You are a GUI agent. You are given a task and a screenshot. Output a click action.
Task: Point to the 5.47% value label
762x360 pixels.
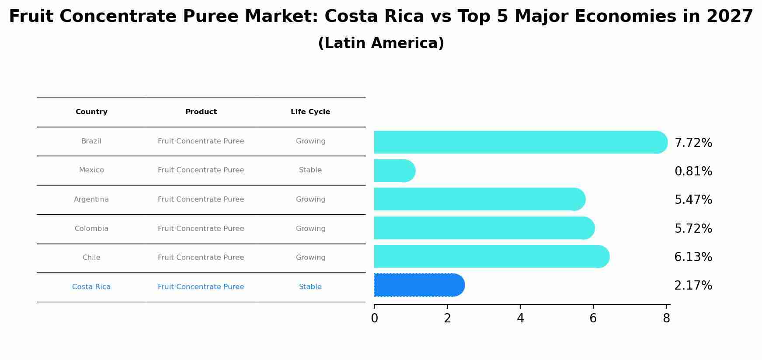[x=693, y=200]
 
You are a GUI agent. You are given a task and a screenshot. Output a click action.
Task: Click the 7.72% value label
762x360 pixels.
[x=693, y=143]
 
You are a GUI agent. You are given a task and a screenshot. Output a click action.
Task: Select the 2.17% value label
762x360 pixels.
[x=693, y=286]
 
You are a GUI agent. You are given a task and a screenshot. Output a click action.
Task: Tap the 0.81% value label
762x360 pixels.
[x=693, y=171]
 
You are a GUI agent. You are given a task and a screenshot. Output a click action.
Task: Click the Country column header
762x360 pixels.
[x=91, y=112]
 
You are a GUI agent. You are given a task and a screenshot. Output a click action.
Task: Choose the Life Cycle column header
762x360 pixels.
[x=310, y=112]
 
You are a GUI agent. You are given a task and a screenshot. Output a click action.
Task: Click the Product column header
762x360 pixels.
[x=201, y=112]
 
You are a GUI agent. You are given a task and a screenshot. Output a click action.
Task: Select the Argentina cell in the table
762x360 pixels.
[x=91, y=199]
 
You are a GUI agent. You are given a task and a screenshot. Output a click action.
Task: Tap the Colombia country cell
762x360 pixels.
[x=91, y=229]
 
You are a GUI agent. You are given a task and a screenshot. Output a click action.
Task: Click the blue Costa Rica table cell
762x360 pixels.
[x=91, y=287]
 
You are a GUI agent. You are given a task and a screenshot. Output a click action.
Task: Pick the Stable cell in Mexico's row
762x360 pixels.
[x=310, y=170]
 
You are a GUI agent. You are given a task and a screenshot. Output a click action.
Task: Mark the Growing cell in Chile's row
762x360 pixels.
[x=310, y=258]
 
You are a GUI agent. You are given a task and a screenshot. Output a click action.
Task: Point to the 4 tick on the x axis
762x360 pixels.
[x=520, y=318]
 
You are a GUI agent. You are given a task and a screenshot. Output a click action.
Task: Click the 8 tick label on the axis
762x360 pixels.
[x=666, y=318]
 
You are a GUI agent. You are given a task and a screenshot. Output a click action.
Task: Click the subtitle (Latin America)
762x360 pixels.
[x=381, y=43]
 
